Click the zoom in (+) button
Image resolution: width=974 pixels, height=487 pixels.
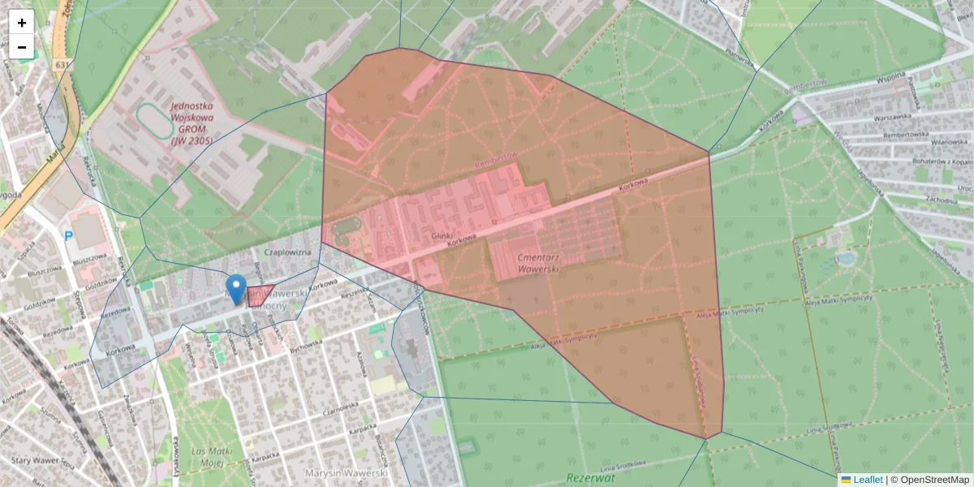[x=22, y=24]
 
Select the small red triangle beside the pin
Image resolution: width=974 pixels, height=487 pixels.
[x=257, y=298]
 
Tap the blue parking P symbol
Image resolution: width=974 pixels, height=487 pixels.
[x=68, y=236]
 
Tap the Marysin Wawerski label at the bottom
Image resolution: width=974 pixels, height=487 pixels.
[x=346, y=472]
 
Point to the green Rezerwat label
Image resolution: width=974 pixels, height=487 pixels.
[x=592, y=478]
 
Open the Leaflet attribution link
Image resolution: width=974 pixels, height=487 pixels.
[x=867, y=480]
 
